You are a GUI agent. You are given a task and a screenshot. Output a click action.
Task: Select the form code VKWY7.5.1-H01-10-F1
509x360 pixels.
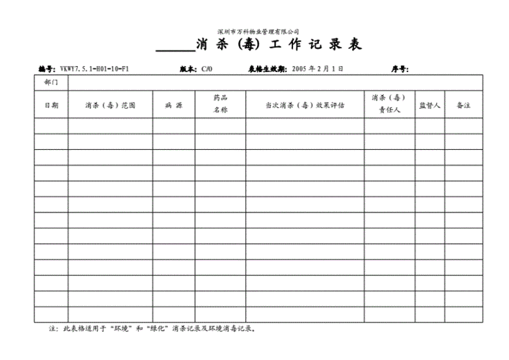[x=94, y=69]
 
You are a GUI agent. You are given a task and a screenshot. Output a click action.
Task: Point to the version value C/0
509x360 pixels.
[x=207, y=69]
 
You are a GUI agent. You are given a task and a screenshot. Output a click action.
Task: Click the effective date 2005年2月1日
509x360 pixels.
[x=317, y=69]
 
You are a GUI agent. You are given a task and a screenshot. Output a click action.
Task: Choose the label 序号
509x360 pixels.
[x=400, y=69]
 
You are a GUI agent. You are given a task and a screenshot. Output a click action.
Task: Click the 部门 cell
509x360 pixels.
[x=51, y=83]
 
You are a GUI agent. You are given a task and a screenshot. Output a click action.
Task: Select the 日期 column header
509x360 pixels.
[x=51, y=104]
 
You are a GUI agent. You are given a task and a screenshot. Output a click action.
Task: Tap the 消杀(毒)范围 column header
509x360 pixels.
[x=110, y=104]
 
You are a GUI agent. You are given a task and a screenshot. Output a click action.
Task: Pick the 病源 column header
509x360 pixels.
[x=174, y=104]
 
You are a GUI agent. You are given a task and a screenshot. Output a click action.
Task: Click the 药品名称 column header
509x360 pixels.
[x=220, y=104]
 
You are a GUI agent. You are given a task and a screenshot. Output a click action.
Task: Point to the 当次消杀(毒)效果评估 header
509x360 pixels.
[x=305, y=104]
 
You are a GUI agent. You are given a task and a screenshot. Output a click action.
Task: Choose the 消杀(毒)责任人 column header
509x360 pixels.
[x=389, y=104]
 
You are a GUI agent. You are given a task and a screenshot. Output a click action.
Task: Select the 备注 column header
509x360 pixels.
[x=463, y=104]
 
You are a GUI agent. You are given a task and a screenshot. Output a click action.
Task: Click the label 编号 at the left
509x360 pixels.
[x=46, y=69]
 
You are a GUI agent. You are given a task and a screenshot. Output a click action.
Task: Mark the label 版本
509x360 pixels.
[x=187, y=69]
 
